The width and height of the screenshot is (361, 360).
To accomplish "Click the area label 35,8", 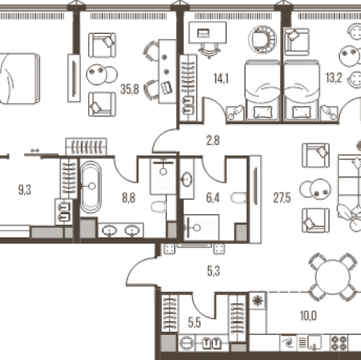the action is pyautogui.click(x=130, y=89).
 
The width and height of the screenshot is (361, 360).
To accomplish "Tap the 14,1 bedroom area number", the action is pyautogui.click(x=221, y=79).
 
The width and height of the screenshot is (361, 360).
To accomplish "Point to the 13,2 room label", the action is pyautogui.click(x=334, y=77).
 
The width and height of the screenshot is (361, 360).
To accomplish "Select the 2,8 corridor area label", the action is pyautogui.click(x=213, y=141).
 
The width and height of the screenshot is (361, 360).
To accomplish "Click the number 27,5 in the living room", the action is pyautogui.click(x=282, y=198).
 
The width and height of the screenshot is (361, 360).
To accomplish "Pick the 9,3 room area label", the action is pyautogui.click(x=25, y=190).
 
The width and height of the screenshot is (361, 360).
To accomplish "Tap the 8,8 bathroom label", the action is pyautogui.click(x=129, y=198).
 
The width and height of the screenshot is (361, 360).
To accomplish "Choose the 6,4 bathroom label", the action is pyautogui.click(x=213, y=198).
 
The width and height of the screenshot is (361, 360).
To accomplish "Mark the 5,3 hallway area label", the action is pyautogui.click(x=214, y=271).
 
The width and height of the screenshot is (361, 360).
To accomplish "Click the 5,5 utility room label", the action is pyautogui.click(x=194, y=322).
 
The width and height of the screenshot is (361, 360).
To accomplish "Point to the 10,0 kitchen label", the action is pyautogui.click(x=308, y=315).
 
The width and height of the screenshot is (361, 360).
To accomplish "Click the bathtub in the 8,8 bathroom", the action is pyautogui.click(x=91, y=187).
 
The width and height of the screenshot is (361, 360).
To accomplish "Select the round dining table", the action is pyautogui.click(x=333, y=277).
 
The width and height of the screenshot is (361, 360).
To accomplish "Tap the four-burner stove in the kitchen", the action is pyautogui.click(x=339, y=343).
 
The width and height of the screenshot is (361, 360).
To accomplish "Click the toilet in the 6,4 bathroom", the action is pyautogui.click(x=238, y=198).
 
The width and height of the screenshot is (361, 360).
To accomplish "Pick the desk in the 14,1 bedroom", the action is pyautogui.click(x=207, y=32).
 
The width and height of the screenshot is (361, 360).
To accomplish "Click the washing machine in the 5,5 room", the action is pyautogui.click(x=187, y=343).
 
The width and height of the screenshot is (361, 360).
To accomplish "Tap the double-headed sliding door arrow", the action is pyautogui.click(x=35, y=151).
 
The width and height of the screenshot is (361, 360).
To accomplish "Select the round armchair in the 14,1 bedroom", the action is pyautogui.click(x=263, y=40).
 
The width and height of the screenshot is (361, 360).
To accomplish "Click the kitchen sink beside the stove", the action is pyautogui.click(x=313, y=343).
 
